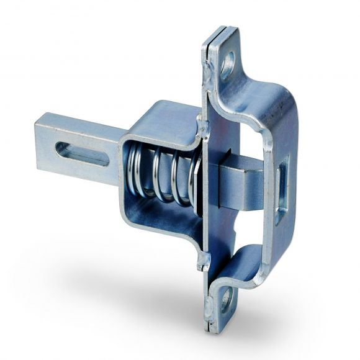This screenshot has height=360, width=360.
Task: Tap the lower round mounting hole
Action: pyautogui.click(x=226, y=300)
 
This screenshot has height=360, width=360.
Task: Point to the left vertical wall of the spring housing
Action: pyautogui.click(x=125, y=180)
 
